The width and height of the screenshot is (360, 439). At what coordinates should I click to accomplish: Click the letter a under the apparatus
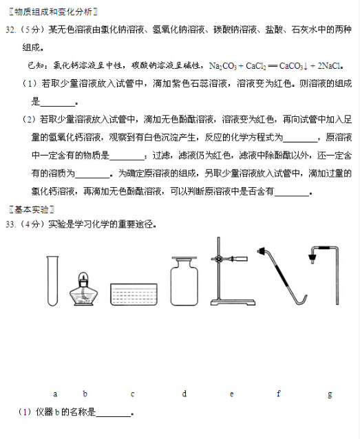[54, 394]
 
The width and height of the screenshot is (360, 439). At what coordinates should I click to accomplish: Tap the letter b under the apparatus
[85, 394]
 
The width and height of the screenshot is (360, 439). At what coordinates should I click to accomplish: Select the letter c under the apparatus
[132, 394]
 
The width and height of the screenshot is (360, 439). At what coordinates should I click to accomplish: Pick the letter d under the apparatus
[184, 394]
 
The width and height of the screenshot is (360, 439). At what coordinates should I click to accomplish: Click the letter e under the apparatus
[231, 394]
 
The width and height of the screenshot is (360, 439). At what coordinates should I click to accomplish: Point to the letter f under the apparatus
[278, 394]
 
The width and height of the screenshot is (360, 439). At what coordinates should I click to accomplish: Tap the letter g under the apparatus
[330, 394]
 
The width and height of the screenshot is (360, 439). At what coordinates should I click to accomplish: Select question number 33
[10, 224]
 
